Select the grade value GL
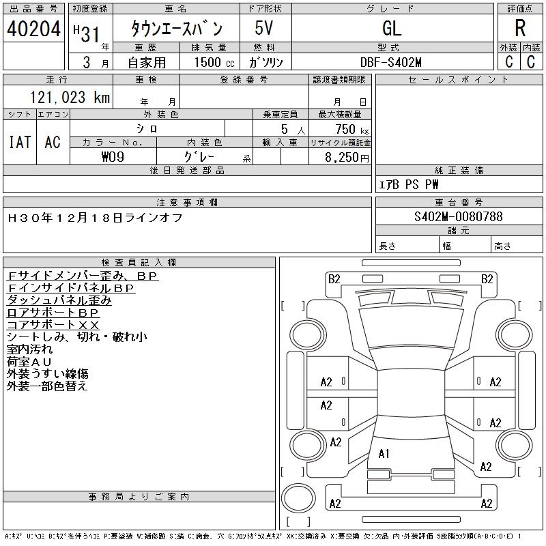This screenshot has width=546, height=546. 392,29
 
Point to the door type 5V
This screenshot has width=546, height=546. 265,29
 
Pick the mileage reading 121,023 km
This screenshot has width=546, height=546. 69,98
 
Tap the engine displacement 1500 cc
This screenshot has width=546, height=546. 213,61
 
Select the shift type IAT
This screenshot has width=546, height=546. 19,142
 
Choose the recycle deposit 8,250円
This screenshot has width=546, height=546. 347,157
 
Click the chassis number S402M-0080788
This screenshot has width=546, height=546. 458,216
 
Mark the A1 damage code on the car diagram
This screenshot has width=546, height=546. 384,453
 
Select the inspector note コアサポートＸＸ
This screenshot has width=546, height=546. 53,324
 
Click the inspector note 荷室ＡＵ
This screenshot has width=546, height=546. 29,361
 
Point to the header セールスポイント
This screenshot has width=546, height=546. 458,79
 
